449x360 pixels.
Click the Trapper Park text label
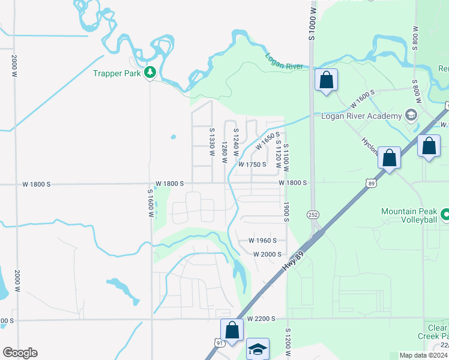[x=116, y=73]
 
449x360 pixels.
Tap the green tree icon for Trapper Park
[x=149, y=73]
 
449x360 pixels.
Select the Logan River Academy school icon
[x=411, y=115]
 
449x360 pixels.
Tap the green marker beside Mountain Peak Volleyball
[x=445, y=214]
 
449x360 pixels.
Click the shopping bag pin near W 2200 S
[x=232, y=329]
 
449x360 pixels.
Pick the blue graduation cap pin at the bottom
[x=258, y=349]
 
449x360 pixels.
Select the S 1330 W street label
[x=212, y=142]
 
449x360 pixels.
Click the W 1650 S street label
[x=268, y=142]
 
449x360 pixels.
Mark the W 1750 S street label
[x=252, y=164]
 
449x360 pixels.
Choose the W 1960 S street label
[x=262, y=241]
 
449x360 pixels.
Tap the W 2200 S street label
[x=260, y=319]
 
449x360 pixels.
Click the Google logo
[x=20, y=353]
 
